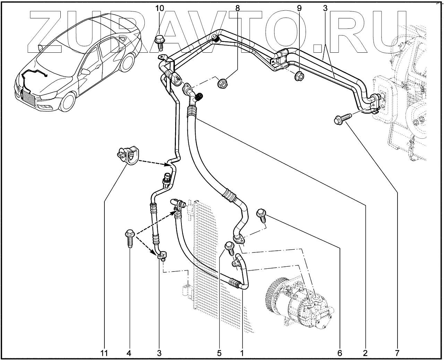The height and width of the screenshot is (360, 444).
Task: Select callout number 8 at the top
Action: coord(238,8)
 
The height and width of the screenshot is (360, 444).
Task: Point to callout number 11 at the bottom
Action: coord(104,353)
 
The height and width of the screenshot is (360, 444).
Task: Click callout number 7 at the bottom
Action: coord(396,353)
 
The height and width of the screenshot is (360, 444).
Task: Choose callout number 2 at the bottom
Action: coord(365,353)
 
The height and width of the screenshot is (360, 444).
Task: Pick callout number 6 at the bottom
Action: coord(340,353)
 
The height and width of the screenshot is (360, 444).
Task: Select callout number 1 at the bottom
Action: coord(242,353)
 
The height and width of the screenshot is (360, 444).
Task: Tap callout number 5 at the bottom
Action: coord(219,353)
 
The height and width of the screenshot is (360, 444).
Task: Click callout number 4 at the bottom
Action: coord(129,353)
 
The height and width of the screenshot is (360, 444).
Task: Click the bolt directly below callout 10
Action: coord(159,41)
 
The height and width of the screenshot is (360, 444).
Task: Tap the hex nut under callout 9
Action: coord(299,76)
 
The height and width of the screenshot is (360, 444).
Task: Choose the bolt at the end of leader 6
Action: coord(262,215)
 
